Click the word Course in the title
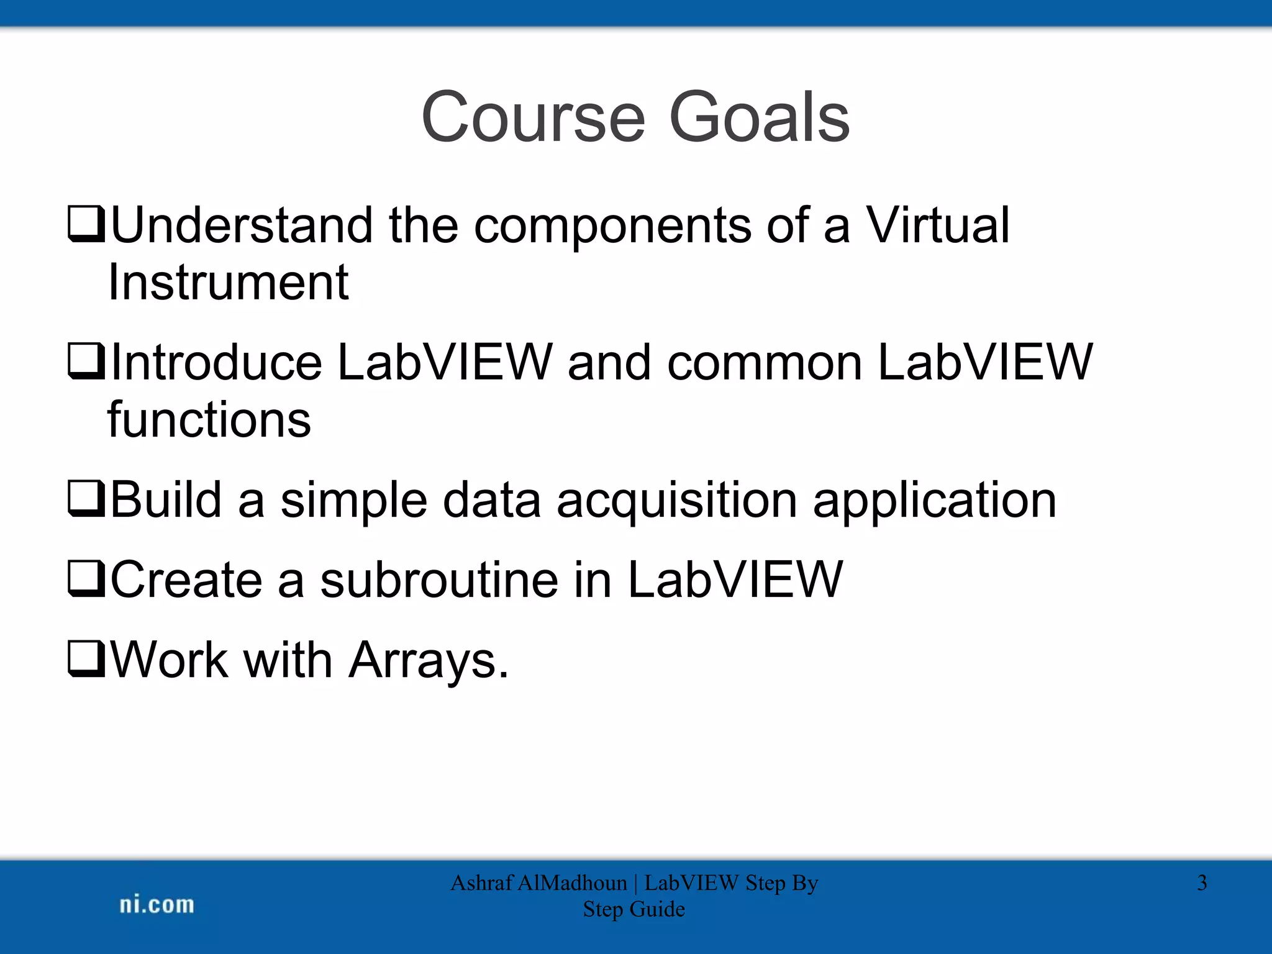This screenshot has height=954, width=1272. pyautogui.click(x=534, y=117)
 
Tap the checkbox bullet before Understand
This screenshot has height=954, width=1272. pyautogui.click(x=86, y=225)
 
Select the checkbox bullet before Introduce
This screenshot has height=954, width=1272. pyautogui.click(x=86, y=361)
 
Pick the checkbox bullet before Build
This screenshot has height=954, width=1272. pyautogui.click(x=86, y=499)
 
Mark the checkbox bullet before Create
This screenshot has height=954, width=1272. pyautogui.click(x=86, y=579)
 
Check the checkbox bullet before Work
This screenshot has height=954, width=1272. pyautogui.click(x=86, y=659)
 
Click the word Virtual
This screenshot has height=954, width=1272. pyautogui.click(x=937, y=225)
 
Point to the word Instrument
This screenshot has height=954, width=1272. pyautogui.click(x=228, y=283)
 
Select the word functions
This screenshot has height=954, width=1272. pyautogui.click(x=209, y=420)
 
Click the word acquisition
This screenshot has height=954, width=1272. pyautogui.click(x=676, y=501)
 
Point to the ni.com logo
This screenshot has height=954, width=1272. pyautogui.click(x=157, y=904)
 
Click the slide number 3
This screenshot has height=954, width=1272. pyautogui.click(x=1202, y=883)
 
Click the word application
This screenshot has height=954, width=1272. pyautogui.click(x=935, y=501)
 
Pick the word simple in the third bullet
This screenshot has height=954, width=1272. pyautogui.click(x=353, y=501)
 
